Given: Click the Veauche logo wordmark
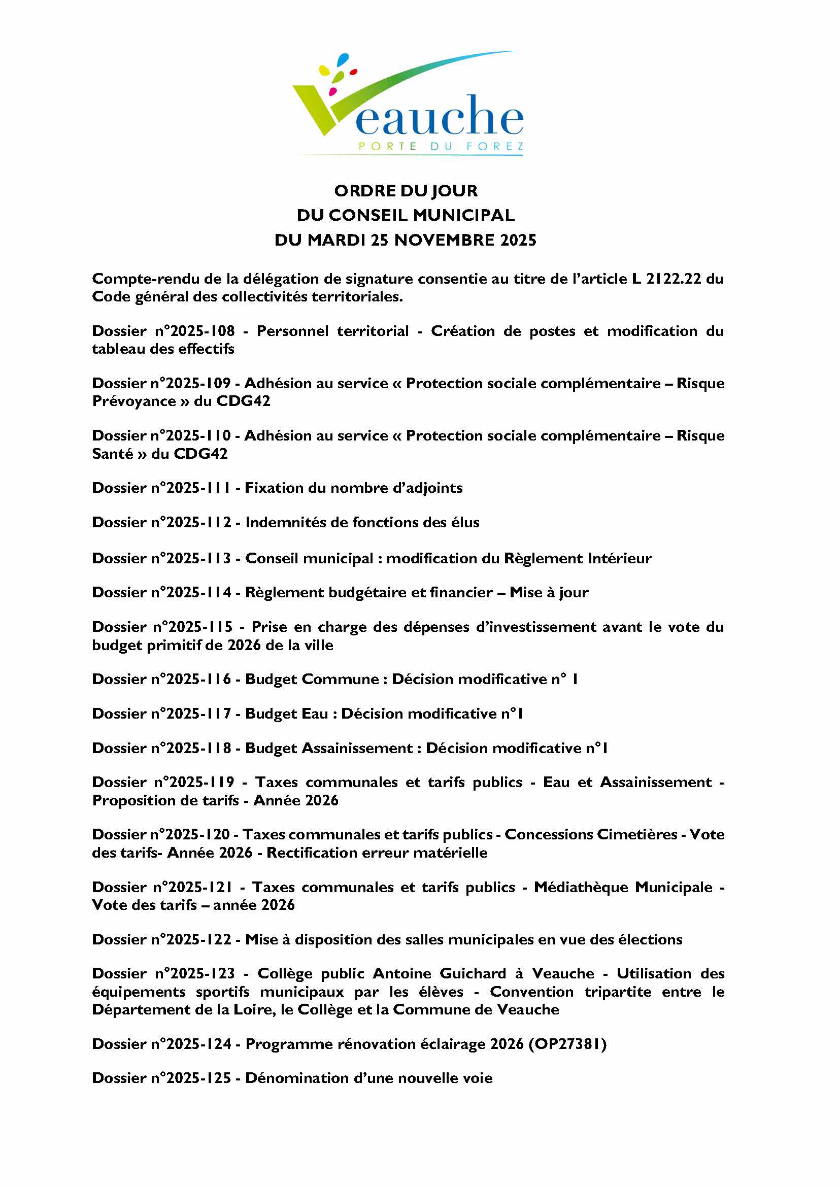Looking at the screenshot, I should point(439,116).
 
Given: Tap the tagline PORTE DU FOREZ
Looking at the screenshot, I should point(441,147).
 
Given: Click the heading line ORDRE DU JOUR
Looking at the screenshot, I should point(406,191).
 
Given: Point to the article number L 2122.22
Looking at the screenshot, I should point(666,279).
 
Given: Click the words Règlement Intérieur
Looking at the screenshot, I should point(578,559).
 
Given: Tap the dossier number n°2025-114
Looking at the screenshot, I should point(191,593).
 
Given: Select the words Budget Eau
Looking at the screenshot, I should point(287,714).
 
